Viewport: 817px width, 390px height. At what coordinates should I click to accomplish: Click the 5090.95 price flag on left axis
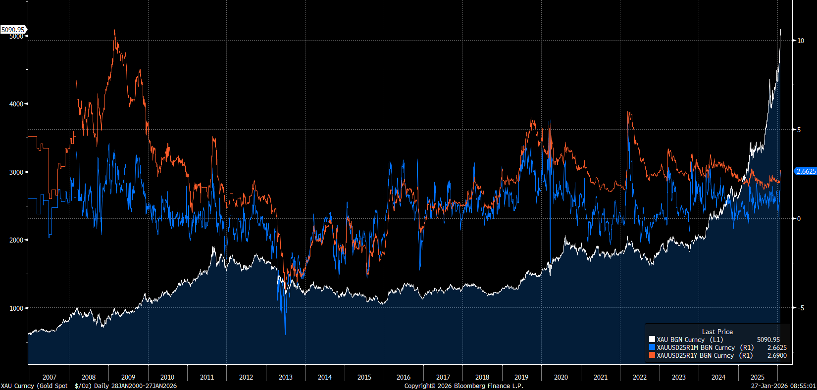pos(13,30)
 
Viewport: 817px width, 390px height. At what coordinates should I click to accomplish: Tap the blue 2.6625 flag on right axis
pos(806,171)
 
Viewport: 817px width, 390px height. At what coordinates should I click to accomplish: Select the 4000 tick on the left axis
pos(16,104)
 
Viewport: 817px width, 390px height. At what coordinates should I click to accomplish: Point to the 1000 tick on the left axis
pos(16,308)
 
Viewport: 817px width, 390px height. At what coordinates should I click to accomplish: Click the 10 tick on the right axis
pos(801,41)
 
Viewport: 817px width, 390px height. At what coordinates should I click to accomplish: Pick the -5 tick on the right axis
pos(801,308)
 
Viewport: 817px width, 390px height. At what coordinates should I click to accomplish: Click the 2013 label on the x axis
pos(286,377)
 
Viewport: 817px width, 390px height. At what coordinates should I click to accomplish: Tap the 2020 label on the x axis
pos(561,377)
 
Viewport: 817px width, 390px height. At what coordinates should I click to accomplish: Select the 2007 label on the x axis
pos(50,377)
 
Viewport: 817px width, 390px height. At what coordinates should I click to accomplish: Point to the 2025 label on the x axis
pos(758,377)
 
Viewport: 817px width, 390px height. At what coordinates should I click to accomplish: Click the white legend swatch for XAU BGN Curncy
pos(652,340)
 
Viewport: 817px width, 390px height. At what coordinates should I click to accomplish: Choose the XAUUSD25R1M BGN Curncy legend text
pos(696,347)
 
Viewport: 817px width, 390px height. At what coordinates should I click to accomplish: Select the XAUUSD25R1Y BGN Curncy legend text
pos(696,355)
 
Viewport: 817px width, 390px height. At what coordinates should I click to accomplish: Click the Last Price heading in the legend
pos(717,332)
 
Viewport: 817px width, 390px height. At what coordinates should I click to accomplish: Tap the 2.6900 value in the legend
pos(777,355)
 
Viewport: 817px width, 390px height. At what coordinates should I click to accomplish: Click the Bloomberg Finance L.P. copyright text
pos(463,386)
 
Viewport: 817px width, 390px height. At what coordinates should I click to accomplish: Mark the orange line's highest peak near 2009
pos(114,30)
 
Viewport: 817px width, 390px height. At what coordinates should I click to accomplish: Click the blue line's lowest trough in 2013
pos(285,334)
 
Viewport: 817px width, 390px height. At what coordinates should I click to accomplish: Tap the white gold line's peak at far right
pos(781,30)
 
